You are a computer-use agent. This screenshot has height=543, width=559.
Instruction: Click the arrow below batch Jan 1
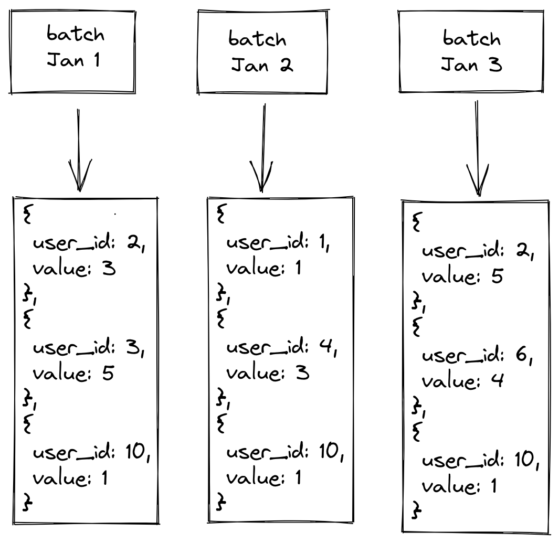pyautogui.click(x=79, y=150)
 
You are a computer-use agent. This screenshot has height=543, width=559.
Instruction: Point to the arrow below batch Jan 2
pyautogui.click(x=263, y=148)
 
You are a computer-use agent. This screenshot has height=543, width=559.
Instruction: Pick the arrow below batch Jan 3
pyautogui.click(x=477, y=148)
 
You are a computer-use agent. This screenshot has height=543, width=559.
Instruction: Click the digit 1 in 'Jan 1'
pyautogui.click(x=97, y=60)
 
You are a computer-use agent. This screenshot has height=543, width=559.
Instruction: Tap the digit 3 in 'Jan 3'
pyautogui.click(x=495, y=65)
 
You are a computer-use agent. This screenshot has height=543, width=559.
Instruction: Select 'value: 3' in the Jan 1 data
pyautogui.click(x=74, y=268)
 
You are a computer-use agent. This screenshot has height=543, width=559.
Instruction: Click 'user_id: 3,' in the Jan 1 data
pyautogui.click(x=88, y=347)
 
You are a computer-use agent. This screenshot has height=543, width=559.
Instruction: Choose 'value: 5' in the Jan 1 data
pyautogui.click(x=73, y=373)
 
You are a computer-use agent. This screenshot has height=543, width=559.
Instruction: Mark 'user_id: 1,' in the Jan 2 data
pyautogui.click(x=278, y=242)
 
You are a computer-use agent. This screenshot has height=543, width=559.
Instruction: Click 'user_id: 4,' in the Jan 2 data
pyautogui.click(x=282, y=347)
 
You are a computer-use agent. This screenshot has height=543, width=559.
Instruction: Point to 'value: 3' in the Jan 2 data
pyautogui.click(x=268, y=373)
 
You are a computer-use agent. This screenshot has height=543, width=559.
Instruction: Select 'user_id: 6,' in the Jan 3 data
pyautogui.click(x=477, y=355)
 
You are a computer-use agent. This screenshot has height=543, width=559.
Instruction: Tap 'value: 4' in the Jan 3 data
pyautogui.click(x=463, y=381)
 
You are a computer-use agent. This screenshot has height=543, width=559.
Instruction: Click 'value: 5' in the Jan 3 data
pyautogui.click(x=462, y=276)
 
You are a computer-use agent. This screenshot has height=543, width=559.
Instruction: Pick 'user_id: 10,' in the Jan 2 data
pyautogui.click(x=285, y=452)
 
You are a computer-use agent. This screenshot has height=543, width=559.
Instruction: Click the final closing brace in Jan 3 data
pyautogui.click(x=416, y=509)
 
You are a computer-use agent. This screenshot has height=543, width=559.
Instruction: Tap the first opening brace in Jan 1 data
pyautogui.click(x=27, y=215)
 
